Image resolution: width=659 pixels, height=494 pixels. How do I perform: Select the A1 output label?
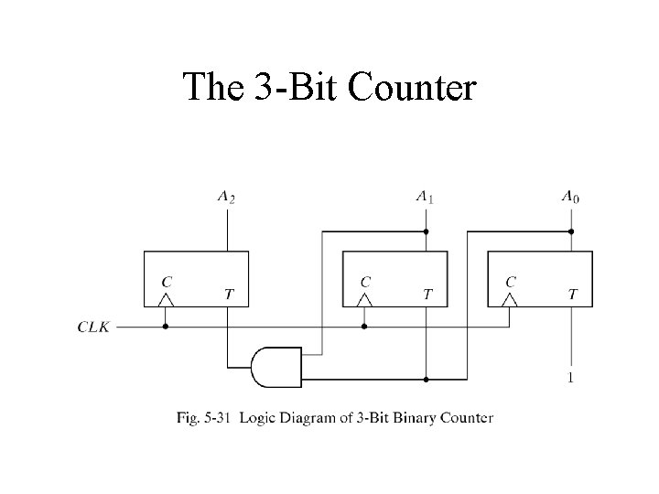(425, 195)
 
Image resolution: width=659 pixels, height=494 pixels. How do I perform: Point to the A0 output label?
(570, 195)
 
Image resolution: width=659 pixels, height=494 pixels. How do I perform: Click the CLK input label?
(94, 325)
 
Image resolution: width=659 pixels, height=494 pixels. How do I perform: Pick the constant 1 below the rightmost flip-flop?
(572, 378)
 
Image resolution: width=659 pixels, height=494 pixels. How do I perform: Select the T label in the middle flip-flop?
(426, 294)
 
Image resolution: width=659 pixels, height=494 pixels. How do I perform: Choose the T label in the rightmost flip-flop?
(573, 294)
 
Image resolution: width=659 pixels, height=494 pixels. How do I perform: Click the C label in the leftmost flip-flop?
(165, 280)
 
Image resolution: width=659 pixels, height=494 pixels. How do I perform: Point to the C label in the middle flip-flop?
(364, 280)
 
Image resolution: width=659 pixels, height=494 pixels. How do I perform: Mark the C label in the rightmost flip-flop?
(511, 280)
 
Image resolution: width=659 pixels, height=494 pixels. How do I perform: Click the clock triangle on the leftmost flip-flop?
(165, 299)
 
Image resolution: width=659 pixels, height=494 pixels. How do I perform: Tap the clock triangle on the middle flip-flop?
(364, 299)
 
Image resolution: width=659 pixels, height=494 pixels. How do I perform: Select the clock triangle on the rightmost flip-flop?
(511, 299)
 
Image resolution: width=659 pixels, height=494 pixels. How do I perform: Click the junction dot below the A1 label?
(426, 231)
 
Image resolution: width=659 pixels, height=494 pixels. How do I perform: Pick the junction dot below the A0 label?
(572, 231)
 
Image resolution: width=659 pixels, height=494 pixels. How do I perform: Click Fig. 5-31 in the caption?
(200, 418)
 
